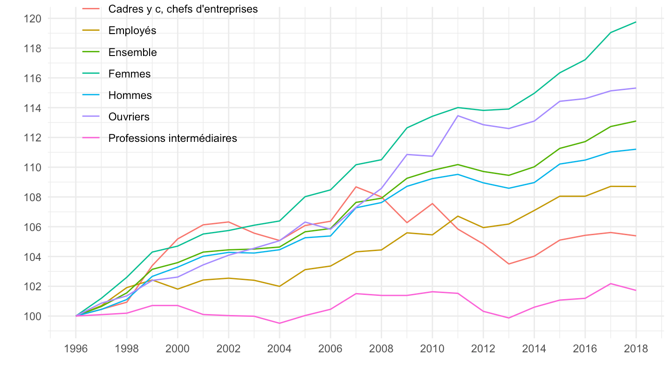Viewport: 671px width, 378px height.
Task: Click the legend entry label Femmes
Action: point(129,74)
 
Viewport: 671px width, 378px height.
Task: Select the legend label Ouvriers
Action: point(129,117)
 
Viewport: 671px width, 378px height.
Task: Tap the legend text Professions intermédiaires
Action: point(172,138)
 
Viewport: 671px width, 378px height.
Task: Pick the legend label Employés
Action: point(132,31)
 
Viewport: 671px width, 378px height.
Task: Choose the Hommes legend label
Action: point(130,95)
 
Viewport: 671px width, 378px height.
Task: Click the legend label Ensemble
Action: point(132,52)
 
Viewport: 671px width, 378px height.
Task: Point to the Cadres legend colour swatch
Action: point(91,9)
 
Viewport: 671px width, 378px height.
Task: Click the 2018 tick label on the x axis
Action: point(636,350)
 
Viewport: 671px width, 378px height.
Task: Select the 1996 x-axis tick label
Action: point(75,350)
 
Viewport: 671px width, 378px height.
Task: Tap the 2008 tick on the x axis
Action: point(381,350)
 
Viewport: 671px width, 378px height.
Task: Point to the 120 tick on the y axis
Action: point(35,19)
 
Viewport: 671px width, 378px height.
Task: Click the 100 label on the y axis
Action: point(35,316)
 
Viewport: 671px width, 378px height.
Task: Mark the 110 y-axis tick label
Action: point(35,168)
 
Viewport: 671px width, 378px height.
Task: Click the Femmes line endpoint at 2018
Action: point(636,22)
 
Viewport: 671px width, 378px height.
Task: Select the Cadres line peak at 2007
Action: point(356,187)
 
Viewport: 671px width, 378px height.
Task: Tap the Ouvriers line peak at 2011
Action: point(458,116)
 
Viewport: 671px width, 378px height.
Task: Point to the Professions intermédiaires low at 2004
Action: point(279,323)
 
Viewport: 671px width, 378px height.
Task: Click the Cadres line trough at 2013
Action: point(508,264)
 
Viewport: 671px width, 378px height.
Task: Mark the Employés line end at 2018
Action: point(636,186)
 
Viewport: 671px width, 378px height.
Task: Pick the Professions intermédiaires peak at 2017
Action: point(610,283)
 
